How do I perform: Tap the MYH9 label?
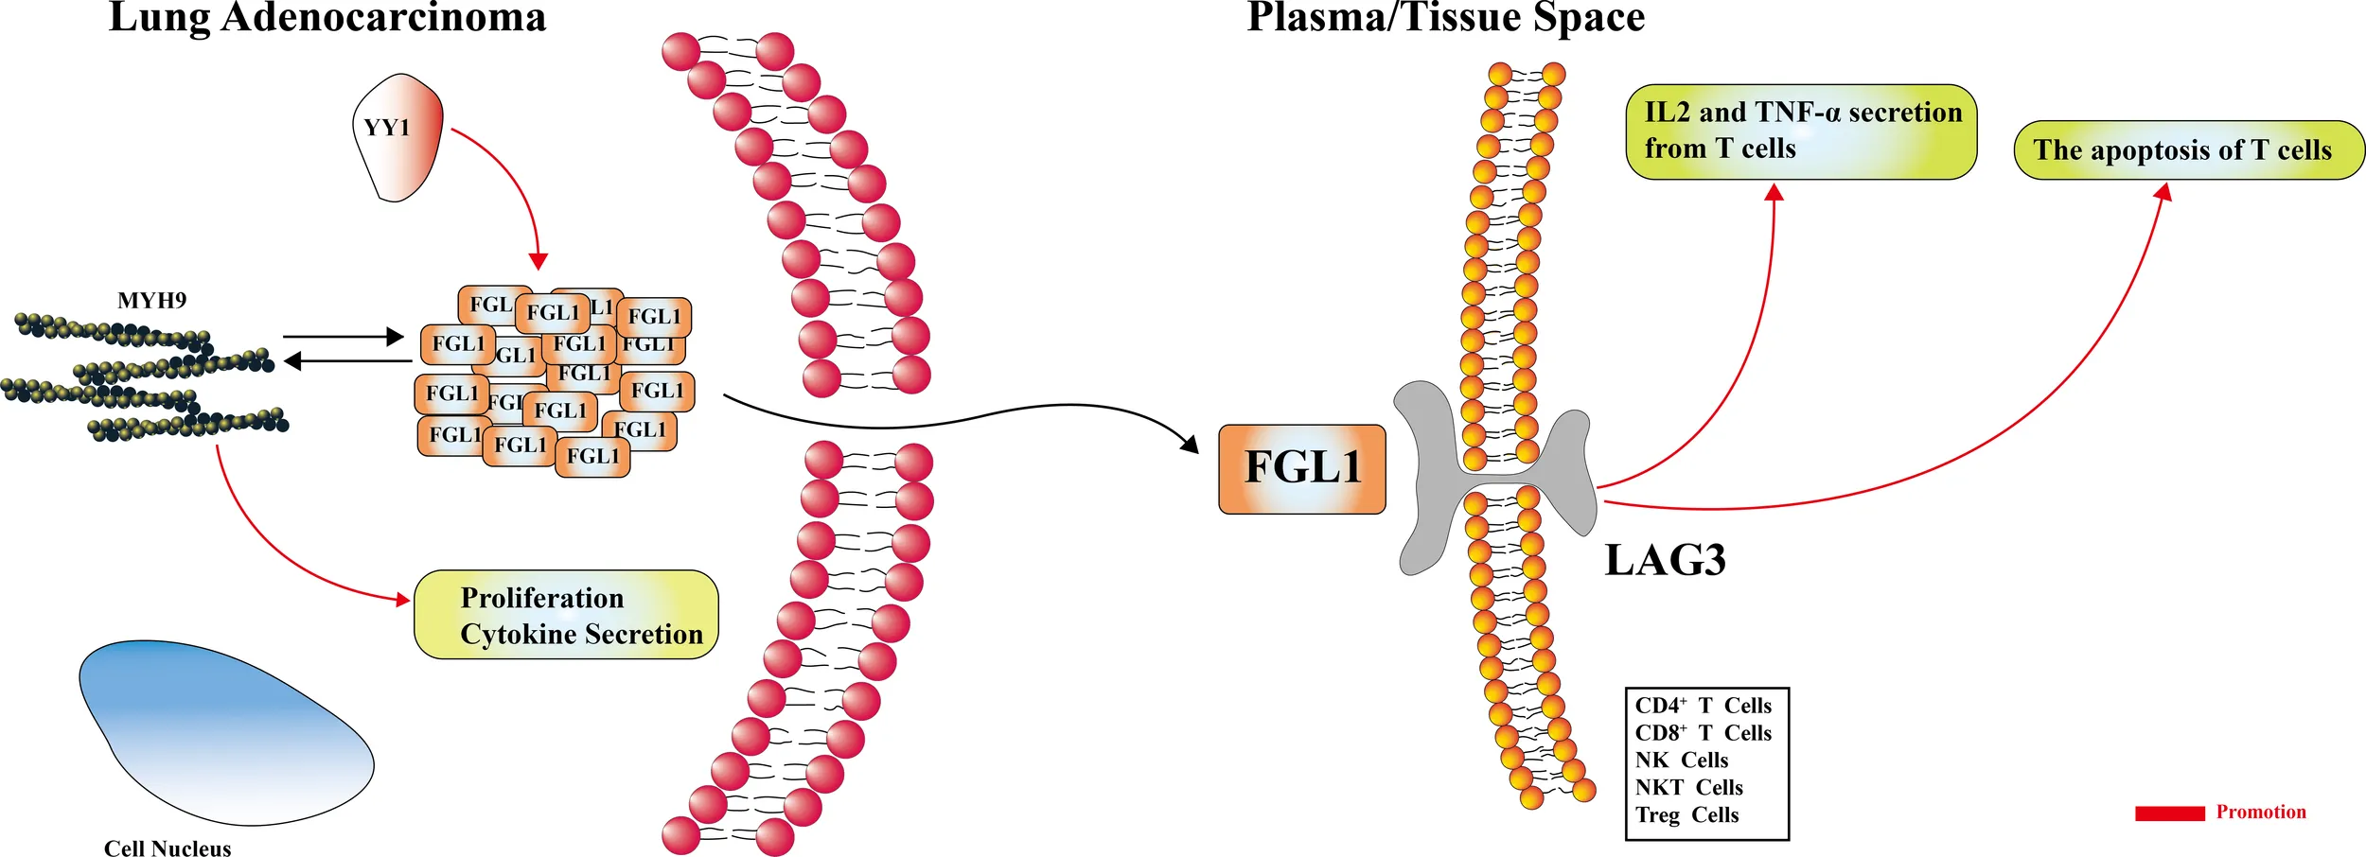[x=151, y=301]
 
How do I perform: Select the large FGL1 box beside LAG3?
[x=1301, y=468]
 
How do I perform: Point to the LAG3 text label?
[x=1665, y=560]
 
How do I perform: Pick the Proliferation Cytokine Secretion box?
[x=566, y=615]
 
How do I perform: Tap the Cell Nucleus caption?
[x=168, y=848]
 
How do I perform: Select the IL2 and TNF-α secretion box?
[x=1801, y=131]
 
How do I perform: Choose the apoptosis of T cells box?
[x=2188, y=150]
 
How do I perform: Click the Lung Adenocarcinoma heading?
[x=327, y=18]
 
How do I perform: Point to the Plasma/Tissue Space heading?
[x=1445, y=18]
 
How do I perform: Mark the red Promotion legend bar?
[x=2169, y=813]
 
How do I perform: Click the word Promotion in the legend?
[x=2261, y=812]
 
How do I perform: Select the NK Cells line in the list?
[x=1681, y=760]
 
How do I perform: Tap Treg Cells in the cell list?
[x=1686, y=814]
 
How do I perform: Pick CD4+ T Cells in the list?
[x=1703, y=706]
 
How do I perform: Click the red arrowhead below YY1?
[x=539, y=262]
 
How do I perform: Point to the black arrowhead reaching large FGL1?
[x=1190, y=443]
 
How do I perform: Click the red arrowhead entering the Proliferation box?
[x=404, y=599]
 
